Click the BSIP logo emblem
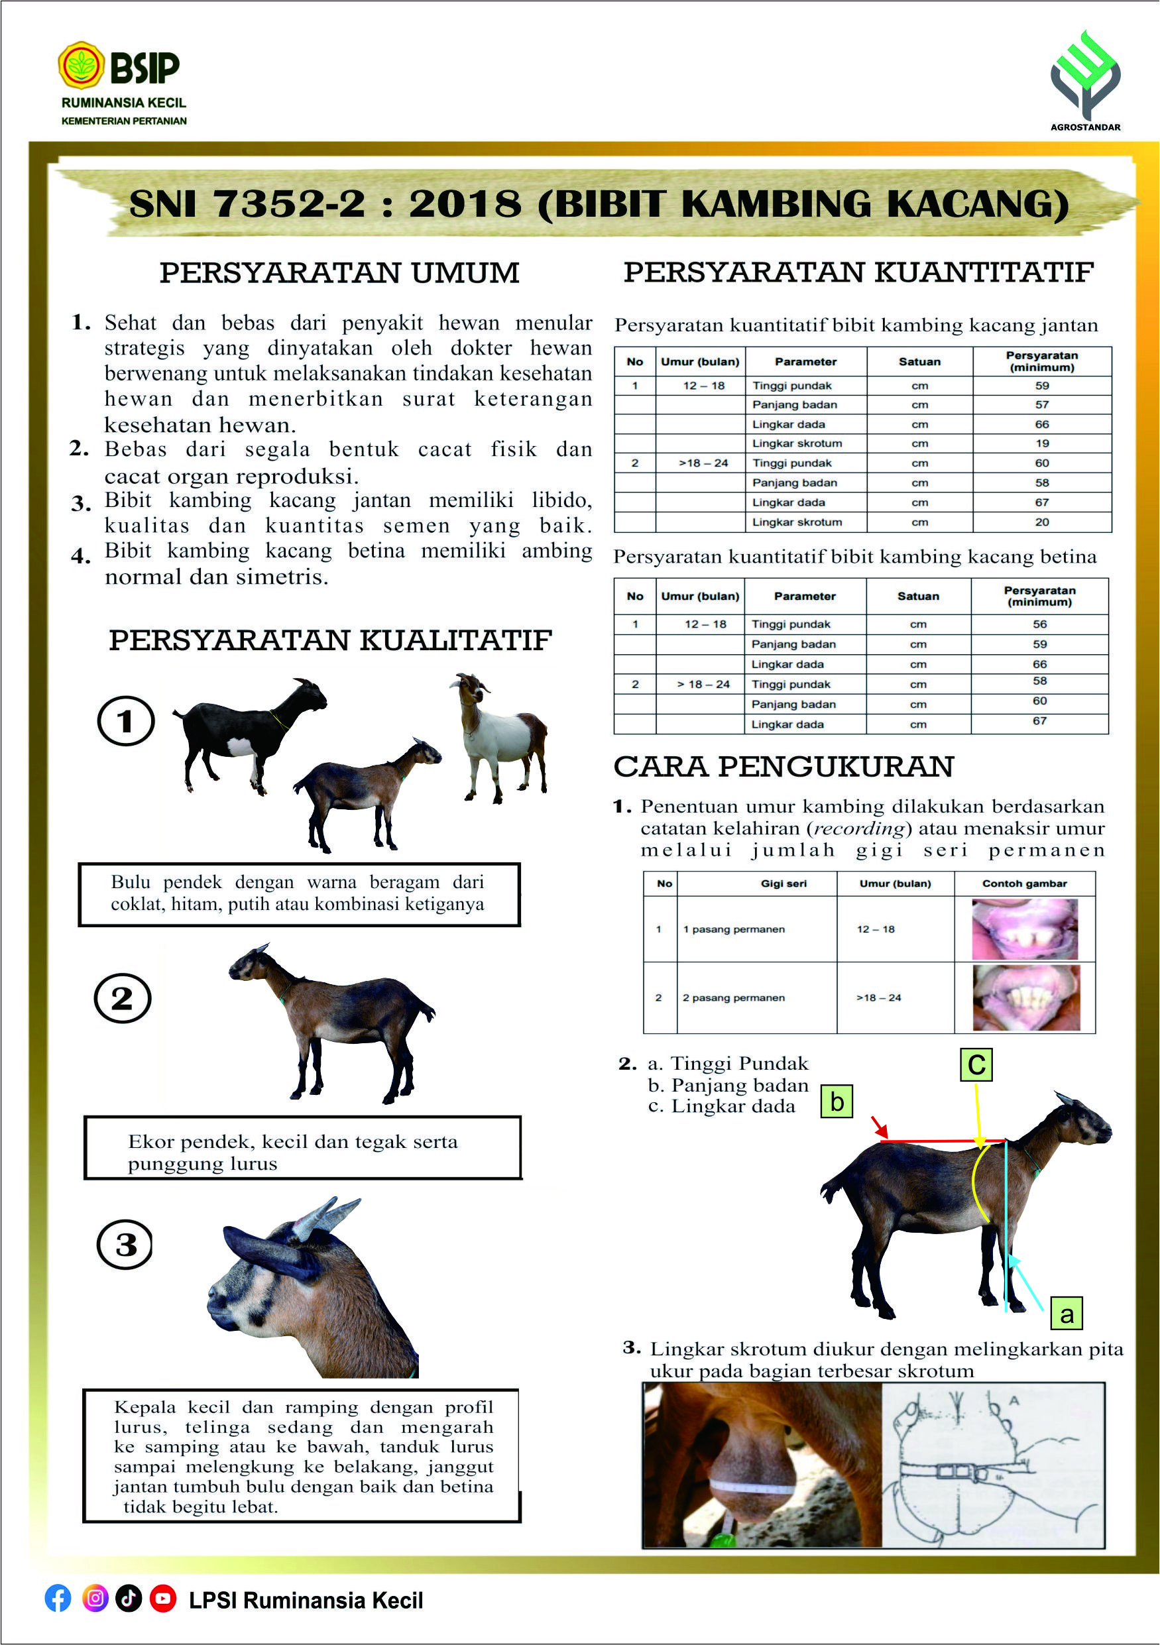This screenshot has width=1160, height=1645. [x=81, y=65]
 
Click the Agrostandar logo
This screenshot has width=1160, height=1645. [x=1085, y=76]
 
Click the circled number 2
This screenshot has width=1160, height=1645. [x=123, y=998]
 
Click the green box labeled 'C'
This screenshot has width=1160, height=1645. [x=976, y=1064]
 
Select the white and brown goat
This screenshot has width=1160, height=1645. [x=502, y=738]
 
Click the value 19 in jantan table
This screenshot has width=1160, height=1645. [x=1042, y=443]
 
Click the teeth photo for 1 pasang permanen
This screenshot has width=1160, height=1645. [x=1025, y=929]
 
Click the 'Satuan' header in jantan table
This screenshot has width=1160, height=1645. [x=919, y=362]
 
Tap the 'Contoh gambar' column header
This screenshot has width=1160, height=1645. [x=1024, y=883]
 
